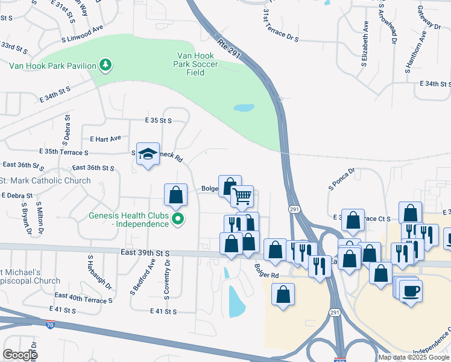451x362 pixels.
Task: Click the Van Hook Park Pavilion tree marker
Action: pyautogui.click(x=106, y=65)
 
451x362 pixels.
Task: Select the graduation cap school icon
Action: pyautogui.click(x=148, y=154)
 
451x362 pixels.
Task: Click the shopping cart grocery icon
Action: pyautogui.click(x=242, y=195)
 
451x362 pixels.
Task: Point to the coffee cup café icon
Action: pyautogui.click(x=411, y=290)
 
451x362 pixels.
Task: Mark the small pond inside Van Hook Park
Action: pyautogui.click(x=243, y=109)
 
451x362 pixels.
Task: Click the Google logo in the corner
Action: pyautogui.click(x=20, y=355)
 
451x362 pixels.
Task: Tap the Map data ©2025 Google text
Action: pyautogui.click(x=413, y=357)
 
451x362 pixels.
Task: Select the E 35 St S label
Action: pyautogui.click(x=159, y=121)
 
